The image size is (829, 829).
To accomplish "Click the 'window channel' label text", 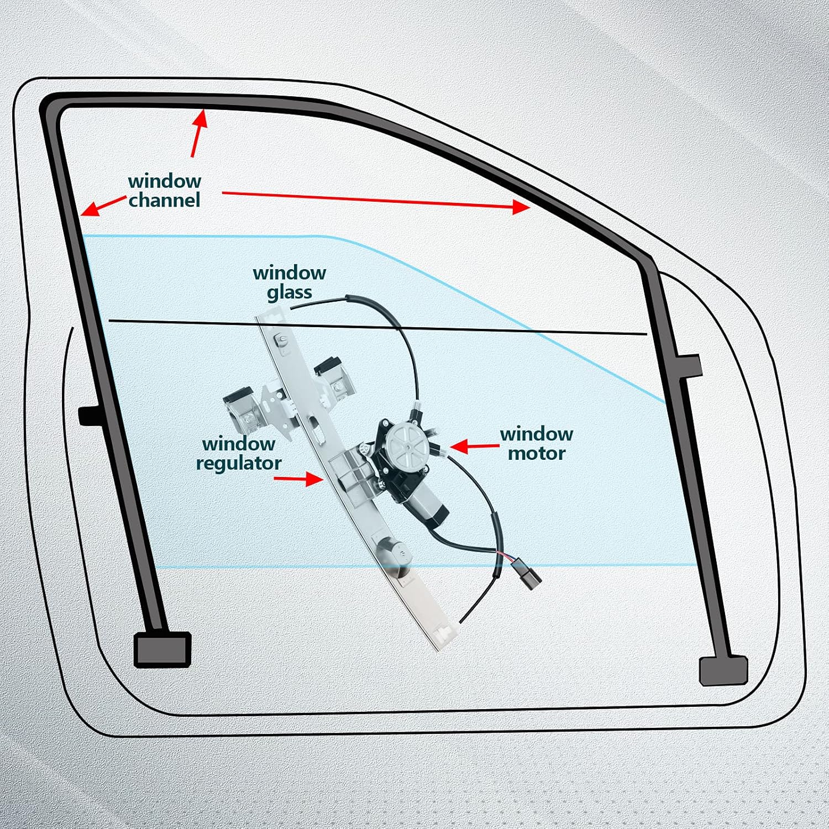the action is [x=164, y=191].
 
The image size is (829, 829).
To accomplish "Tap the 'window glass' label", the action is [x=289, y=282].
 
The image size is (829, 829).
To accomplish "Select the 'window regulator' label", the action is [x=238, y=453].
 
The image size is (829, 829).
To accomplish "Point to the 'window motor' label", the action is [x=536, y=444].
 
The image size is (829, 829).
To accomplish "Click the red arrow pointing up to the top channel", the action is [x=199, y=133].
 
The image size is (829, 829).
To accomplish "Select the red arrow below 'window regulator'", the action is [x=298, y=479].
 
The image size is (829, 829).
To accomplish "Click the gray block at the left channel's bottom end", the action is [x=162, y=649].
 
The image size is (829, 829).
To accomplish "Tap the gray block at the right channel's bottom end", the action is [x=723, y=670].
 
